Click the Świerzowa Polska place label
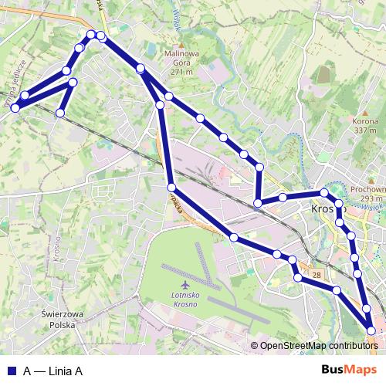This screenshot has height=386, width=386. click(63, 320)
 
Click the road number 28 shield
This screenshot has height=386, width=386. click(317, 274)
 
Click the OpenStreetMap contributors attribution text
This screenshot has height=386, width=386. click(318, 346)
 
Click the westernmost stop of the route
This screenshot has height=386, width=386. click(15, 108)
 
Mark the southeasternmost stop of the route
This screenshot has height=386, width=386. click(371, 330)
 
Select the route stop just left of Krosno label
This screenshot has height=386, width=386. click(284, 198)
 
